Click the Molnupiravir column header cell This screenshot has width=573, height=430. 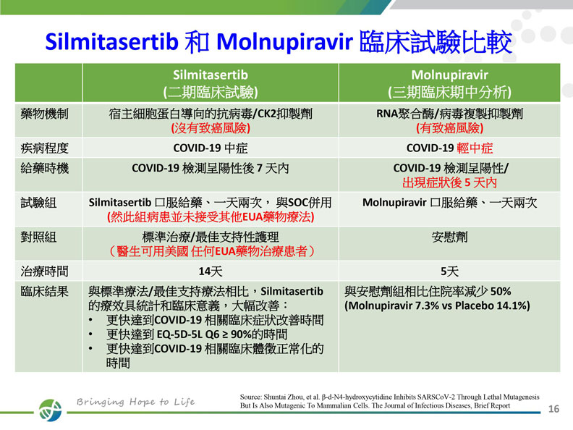point(450,83)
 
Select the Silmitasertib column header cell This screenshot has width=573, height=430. point(211,83)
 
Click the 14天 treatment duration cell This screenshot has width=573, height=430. point(210,271)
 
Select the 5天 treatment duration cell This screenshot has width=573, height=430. point(449,271)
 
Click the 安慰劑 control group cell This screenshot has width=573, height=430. point(449,237)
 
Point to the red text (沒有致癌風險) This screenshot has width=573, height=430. point(210,128)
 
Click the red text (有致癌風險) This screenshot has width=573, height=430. point(449,128)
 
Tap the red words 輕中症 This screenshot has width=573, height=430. point(475,148)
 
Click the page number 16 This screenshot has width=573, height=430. point(555,408)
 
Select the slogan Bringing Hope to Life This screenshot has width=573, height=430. point(136,402)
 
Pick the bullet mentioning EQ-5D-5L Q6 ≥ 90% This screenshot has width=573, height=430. point(196,334)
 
